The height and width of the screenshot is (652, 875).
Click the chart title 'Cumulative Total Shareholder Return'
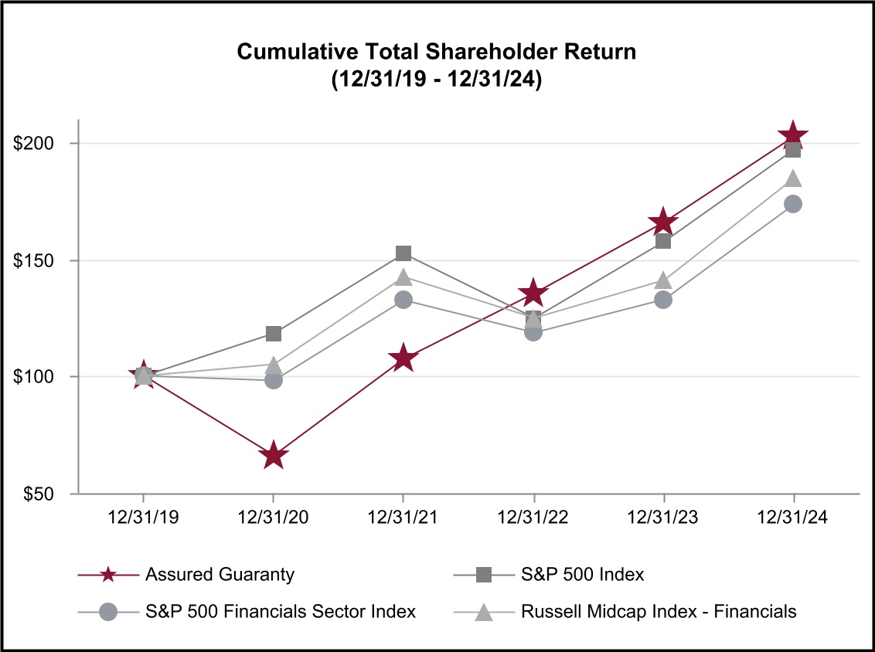pyautogui.click(x=437, y=52)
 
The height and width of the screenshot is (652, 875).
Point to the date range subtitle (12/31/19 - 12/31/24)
pyautogui.click(x=437, y=80)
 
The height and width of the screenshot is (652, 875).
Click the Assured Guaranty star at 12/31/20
pyautogui.click(x=273, y=456)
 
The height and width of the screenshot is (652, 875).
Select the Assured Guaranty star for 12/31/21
pyautogui.click(x=403, y=358)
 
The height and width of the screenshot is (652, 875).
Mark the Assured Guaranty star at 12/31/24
pyautogui.click(x=793, y=137)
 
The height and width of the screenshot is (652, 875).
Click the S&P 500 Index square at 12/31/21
pyautogui.click(x=403, y=253)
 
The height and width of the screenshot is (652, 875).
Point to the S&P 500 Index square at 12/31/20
pyautogui.click(x=273, y=334)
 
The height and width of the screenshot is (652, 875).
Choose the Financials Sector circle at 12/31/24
pyautogui.click(x=793, y=204)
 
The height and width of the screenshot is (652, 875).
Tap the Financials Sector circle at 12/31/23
pyautogui.click(x=663, y=300)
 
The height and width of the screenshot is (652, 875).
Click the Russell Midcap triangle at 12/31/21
pyautogui.click(x=403, y=277)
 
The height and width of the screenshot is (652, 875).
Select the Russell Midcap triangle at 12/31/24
pyautogui.click(x=793, y=178)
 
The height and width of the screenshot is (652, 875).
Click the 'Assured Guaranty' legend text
pyautogui.click(x=220, y=575)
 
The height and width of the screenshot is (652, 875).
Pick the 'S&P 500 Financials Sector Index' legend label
pyautogui.click(x=281, y=612)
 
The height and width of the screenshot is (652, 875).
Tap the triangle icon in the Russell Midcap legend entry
pyautogui.click(x=483, y=612)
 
